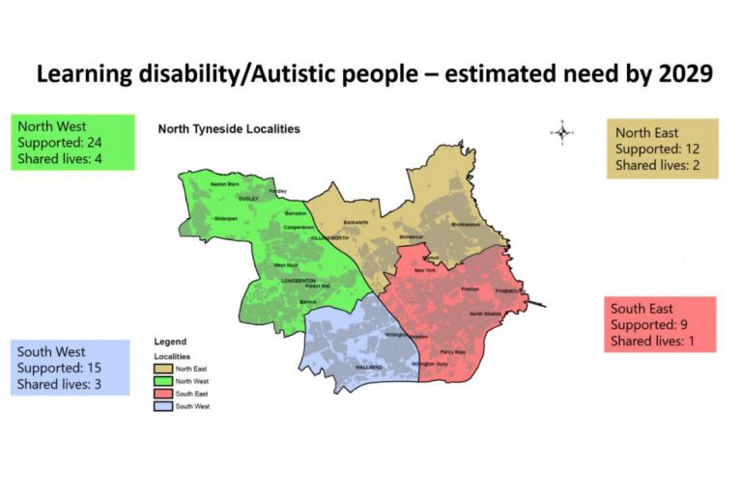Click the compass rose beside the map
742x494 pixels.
(x=562, y=132)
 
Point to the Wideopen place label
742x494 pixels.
(x=226, y=218)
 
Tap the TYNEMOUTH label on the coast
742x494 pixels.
(x=508, y=290)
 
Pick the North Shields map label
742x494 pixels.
(x=486, y=314)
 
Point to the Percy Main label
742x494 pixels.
(x=452, y=352)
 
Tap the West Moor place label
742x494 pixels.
(x=285, y=264)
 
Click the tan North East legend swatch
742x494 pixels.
(x=165, y=369)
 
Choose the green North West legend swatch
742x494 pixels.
(x=165, y=381)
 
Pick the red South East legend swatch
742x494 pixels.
(x=165, y=394)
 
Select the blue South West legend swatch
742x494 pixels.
(x=165, y=406)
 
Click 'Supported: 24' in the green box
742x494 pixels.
(x=57, y=142)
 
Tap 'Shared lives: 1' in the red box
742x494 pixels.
(x=651, y=341)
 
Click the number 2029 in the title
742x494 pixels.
(x=677, y=73)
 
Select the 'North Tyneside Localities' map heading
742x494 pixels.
(x=228, y=128)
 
